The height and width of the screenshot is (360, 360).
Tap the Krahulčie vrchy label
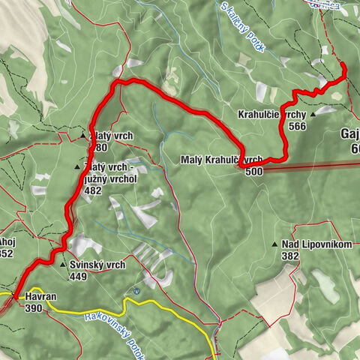coord(269,115)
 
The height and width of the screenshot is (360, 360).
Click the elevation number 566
coord(297,126)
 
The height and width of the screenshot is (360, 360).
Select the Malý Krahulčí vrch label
coord(221,160)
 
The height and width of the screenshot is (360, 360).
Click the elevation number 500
coord(253,171)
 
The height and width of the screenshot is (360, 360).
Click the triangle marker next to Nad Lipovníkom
coord(274,244)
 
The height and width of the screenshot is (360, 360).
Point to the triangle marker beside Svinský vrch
coord(63,265)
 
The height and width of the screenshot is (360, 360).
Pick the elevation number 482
coord(93,191)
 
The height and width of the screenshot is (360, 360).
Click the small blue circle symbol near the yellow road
coord(136,291)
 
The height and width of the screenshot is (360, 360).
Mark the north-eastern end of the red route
coord(343,66)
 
